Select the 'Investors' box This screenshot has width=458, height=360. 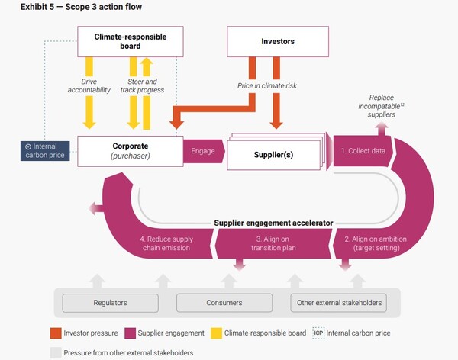point(278,41)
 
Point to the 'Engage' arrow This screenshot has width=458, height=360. point(202,151)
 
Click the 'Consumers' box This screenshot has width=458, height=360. point(224,304)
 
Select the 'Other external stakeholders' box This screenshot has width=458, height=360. point(337,304)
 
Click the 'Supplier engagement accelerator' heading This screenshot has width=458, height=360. point(276,223)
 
